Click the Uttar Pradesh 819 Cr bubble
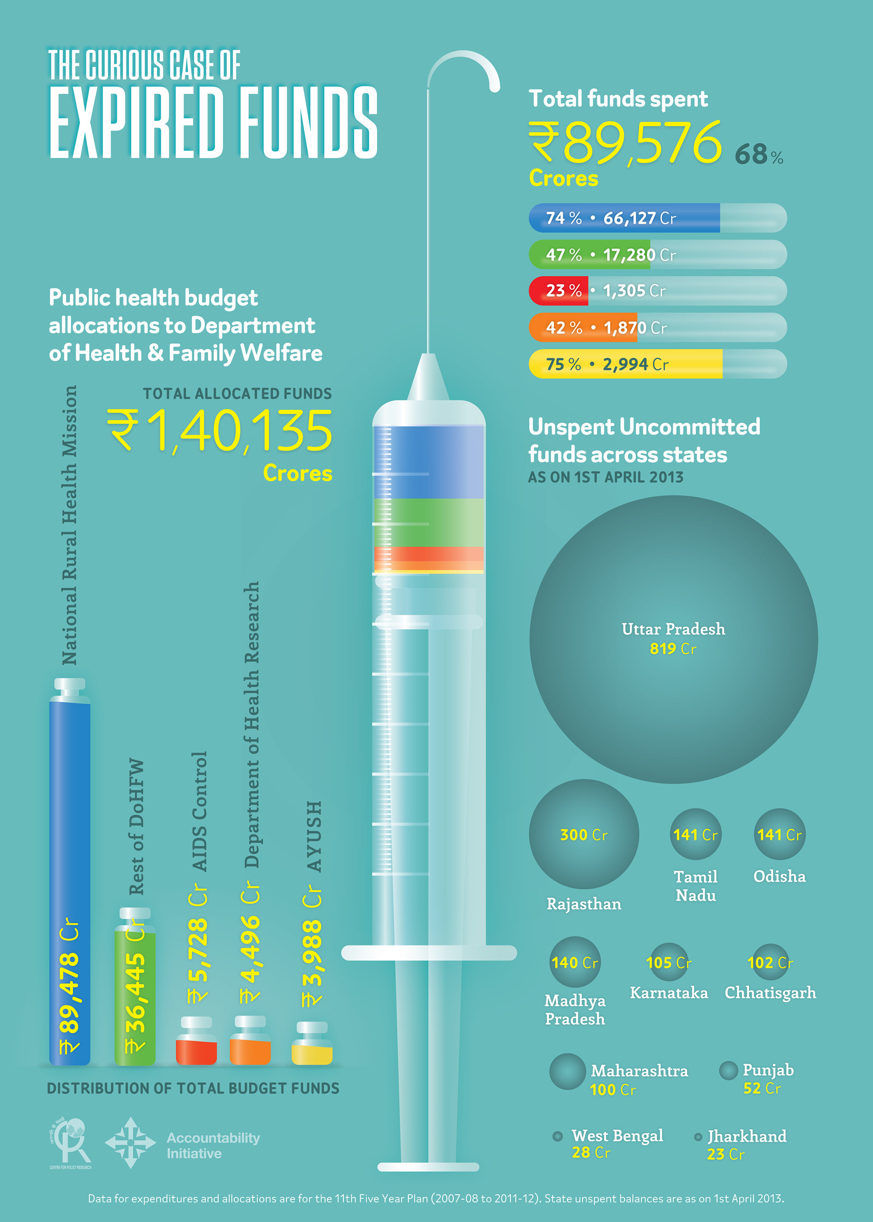(673, 640)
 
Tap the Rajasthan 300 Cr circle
(584, 834)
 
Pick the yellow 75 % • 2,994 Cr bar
(626, 364)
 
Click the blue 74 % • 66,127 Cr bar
(625, 218)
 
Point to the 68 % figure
(758, 154)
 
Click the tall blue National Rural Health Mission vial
(70, 871)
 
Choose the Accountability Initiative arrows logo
(130, 1142)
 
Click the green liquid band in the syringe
(428, 522)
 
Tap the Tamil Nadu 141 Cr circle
(696, 834)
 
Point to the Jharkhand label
(747, 1136)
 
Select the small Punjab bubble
(728, 1070)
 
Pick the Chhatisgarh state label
(770, 992)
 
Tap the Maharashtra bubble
(567, 1071)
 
